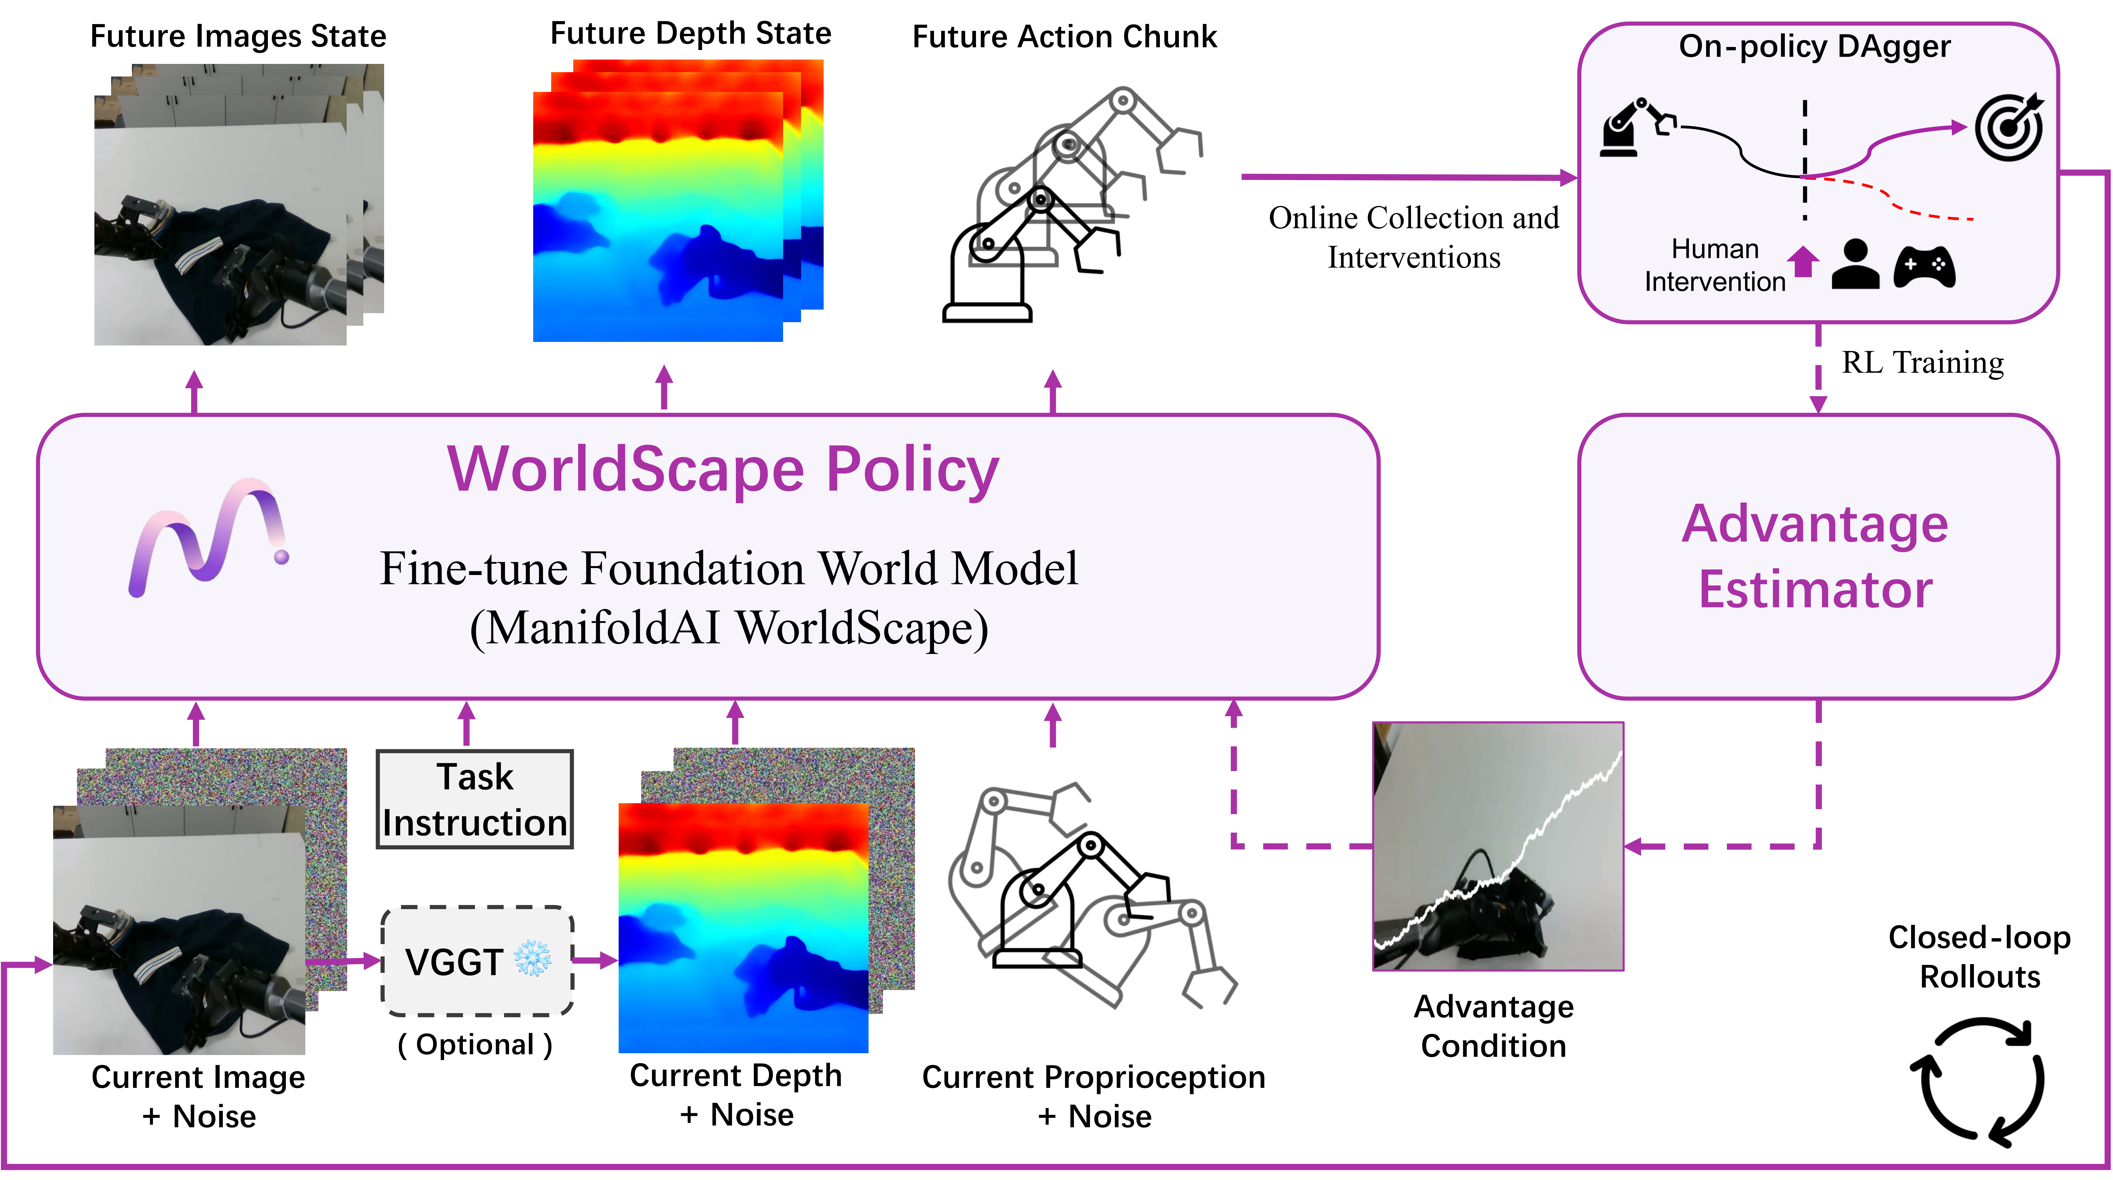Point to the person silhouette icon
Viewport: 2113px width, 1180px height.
(1855, 265)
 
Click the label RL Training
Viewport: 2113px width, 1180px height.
(1922, 362)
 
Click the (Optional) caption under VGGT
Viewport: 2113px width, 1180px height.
(475, 1045)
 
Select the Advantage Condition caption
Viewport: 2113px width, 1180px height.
(1494, 1026)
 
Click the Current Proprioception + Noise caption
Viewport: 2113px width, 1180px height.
(1093, 1096)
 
